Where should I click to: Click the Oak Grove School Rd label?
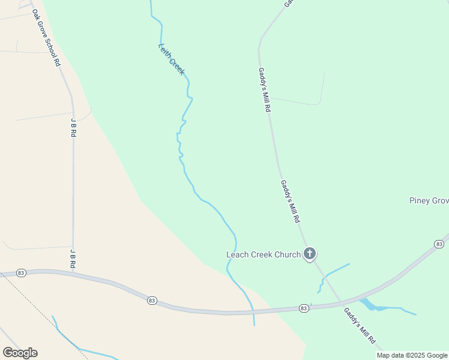(46, 37)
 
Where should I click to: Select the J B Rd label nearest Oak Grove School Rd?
(73, 128)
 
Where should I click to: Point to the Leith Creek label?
(172, 59)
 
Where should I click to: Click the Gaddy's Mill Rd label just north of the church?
(289, 202)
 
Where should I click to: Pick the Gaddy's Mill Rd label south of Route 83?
(361, 326)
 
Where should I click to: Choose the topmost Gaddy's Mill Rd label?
(265, 90)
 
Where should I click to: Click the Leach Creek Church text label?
(263, 254)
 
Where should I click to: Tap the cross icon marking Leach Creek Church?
(310, 254)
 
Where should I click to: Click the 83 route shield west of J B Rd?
(22, 272)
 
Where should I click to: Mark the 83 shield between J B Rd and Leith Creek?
(151, 300)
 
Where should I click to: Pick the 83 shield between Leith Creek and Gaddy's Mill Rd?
(304, 308)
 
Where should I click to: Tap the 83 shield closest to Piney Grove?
(439, 244)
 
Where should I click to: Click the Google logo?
(20, 353)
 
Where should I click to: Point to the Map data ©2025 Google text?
(412, 355)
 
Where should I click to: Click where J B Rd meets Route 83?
(73, 274)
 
